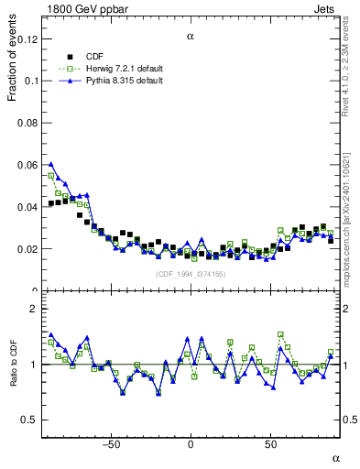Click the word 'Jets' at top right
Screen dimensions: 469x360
pyautogui.click(x=328, y=8)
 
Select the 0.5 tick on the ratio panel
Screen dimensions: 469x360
pyautogui.click(x=29, y=420)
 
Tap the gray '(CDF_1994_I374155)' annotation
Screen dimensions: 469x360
pyautogui.click(x=190, y=274)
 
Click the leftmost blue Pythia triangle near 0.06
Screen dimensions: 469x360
pyautogui.click(x=51, y=164)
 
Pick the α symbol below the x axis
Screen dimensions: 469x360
pyautogui.click(x=335, y=457)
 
